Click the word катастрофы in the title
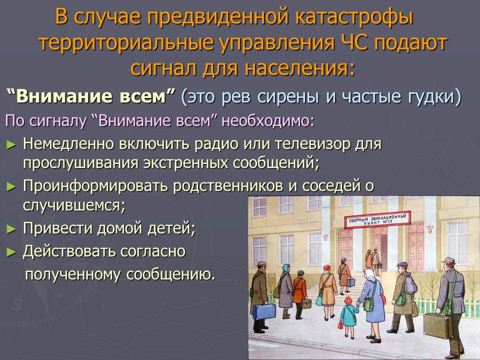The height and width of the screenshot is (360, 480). pyautogui.click(x=354, y=18)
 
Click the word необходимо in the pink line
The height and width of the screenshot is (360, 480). pyautogui.click(x=268, y=120)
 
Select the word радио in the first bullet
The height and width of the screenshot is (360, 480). pyautogui.click(x=216, y=144)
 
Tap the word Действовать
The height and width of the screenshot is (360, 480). pyautogui.click(x=68, y=251)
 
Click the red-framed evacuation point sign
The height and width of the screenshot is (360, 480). pyautogui.click(x=377, y=220)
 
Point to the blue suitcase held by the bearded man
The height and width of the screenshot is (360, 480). pyautogui.click(x=264, y=311)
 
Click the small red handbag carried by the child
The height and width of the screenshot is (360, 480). pyautogui.click(x=340, y=323)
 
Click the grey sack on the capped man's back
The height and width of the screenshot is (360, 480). pyautogui.click(x=410, y=284)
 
